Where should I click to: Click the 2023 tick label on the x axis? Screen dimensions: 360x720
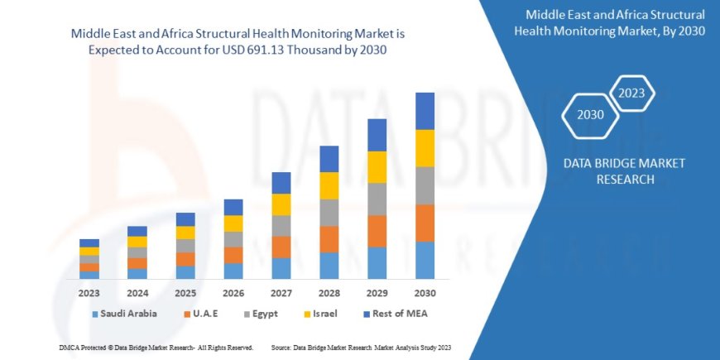coord(89,293)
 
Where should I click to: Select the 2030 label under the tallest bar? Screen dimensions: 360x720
coord(425,293)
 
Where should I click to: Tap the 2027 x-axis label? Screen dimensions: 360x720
coord(281,293)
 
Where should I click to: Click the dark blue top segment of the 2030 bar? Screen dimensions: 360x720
coord(425,111)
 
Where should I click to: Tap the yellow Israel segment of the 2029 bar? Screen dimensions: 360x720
coord(377,167)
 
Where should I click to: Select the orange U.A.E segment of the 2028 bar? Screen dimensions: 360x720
coord(329,239)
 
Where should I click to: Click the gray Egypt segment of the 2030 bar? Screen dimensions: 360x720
coord(425,185)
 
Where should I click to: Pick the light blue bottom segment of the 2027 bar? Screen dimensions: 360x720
coord(281,268)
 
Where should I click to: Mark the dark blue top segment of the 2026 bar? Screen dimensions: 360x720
coord(233,207)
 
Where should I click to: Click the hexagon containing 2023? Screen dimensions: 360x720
coord(632,92)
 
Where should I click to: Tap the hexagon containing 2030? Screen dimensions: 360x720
coord(591,115)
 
